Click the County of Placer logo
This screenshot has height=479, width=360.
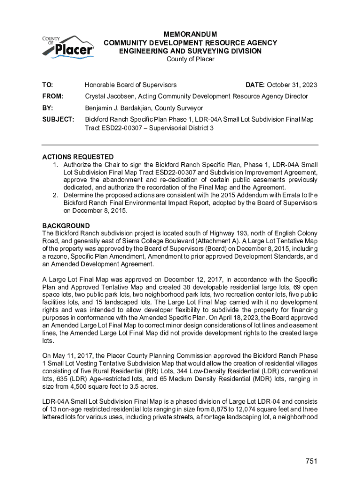pos(69,46)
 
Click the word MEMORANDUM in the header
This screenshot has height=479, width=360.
pos(190,35)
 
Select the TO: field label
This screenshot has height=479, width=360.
pos(48,85)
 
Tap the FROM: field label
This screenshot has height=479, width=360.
pos(52,96)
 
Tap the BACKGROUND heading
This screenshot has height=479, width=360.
pos(66,226)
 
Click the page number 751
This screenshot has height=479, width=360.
pos(311,461)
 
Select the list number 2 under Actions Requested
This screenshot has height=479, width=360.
pos(55,195)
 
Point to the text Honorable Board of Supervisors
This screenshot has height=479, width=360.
pos(130,85)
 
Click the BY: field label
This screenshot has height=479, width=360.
pos(47,108)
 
